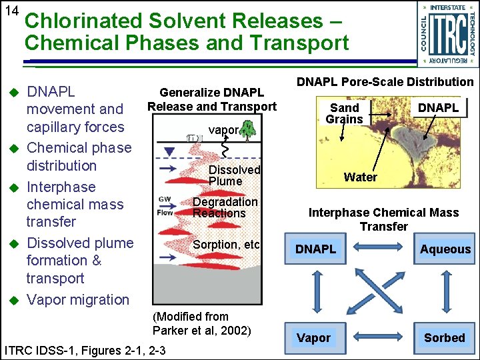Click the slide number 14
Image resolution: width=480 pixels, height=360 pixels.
[x=11, y=11]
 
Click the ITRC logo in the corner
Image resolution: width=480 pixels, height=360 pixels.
[x=446, y=34]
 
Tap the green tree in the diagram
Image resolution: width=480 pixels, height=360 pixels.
[x=248, y=129]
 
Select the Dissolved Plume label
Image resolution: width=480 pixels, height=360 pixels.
[x=233, y=175]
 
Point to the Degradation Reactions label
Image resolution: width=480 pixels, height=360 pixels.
[x=225, y=207]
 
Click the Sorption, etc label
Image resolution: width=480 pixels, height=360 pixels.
[x=225, y=245]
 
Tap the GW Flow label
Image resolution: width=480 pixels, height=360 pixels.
[x=165, y=205]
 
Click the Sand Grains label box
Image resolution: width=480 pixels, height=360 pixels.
[x=344, y=113]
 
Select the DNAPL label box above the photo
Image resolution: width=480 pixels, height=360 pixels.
[x=438, y=108]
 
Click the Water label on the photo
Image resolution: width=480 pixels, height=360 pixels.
[x=360, y=177]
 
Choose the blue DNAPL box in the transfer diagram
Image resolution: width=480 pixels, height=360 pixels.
[x=315, y=249]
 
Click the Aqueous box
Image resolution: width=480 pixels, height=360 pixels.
[x=445, y=249]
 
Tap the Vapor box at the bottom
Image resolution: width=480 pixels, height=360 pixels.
[x=313, y=337]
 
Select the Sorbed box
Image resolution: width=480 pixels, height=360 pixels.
[x=444, y=337]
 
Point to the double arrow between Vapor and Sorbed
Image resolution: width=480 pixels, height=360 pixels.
[x=380, y=337]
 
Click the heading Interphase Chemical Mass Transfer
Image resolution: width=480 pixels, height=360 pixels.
[x=383, y=219]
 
